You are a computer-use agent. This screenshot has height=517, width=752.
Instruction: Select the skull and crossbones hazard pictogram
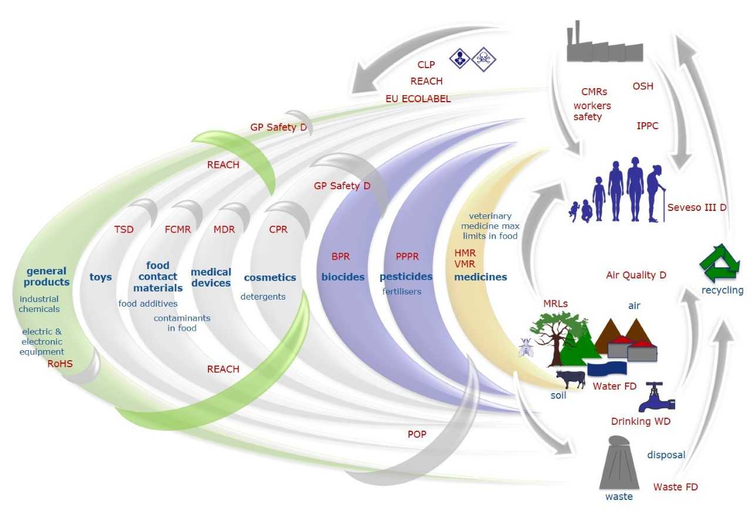pos(484,59)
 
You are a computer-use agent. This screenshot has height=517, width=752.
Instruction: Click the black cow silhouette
pos(570,379)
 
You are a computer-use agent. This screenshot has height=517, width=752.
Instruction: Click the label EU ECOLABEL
pos(418,99)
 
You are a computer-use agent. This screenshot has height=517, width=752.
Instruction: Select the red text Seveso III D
pos(697,207)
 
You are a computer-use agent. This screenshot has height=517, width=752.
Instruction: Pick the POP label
pos(417,434)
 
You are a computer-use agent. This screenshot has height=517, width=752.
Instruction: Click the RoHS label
pos(61,364)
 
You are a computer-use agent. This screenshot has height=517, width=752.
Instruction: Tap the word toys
pos(100,277)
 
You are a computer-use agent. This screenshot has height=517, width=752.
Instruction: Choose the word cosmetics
pos(270,277)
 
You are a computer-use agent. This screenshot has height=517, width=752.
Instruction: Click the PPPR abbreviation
pos(407,257)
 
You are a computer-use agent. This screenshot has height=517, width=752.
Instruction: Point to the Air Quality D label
pos(636,274)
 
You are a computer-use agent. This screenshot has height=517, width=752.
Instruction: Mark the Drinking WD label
pos(640,421)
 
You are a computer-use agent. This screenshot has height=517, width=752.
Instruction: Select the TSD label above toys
pos(123,229)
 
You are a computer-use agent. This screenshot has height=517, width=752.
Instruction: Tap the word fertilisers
pos(402,291)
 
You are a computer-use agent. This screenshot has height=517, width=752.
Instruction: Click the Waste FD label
pos(675,486)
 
